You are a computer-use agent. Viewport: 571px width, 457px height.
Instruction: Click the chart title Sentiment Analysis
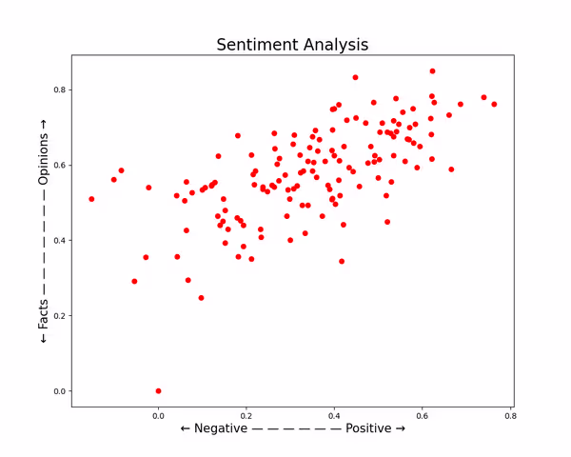291,45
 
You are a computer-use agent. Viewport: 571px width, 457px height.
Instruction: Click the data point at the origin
158,390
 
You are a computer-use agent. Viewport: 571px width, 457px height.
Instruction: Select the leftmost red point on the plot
91,199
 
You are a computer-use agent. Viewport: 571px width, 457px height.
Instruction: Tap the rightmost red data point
494,105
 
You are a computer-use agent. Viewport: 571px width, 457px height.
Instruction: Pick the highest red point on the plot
432,71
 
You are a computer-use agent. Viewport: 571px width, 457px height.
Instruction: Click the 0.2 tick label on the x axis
246,416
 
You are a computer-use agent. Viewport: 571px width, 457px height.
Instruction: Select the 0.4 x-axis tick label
334,416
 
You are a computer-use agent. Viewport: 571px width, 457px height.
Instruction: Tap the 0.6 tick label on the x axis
423,416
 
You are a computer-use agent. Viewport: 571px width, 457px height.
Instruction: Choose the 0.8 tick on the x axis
510,416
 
